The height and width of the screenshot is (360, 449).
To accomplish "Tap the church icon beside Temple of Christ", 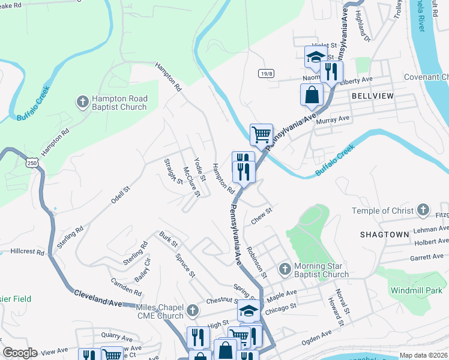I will (424, 210).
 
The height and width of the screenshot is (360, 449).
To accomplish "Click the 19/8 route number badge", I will (267, 73).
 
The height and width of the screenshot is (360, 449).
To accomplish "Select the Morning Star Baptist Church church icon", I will (285, 267).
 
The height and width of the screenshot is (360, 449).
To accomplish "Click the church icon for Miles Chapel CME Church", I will (192, 310).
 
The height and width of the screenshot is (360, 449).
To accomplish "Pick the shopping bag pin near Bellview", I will (312, 94).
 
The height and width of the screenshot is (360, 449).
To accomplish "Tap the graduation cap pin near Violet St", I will (315, 57).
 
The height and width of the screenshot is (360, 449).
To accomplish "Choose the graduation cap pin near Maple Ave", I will (248, 311).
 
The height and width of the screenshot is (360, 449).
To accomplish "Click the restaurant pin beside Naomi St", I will (331, 71).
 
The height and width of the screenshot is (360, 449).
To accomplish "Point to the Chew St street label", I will (262, 216).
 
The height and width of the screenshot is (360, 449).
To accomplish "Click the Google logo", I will (20, 353).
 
